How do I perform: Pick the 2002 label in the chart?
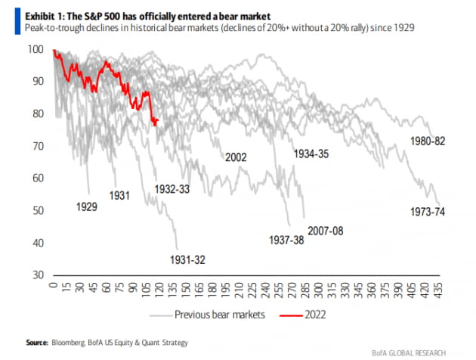[237, 157]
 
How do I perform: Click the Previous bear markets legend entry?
[219, 315]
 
